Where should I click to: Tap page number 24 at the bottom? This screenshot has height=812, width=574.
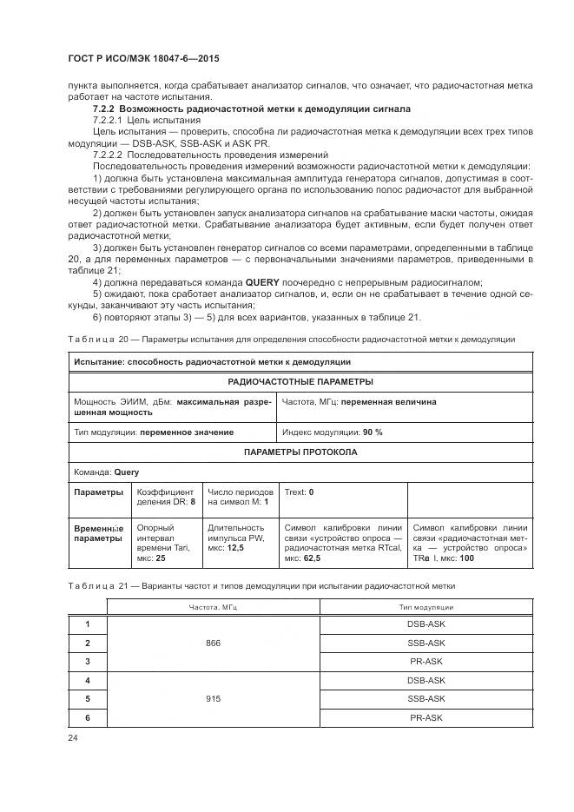click(x=72, y=737)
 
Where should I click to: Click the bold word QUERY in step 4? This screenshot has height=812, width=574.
click(x=263, y=283)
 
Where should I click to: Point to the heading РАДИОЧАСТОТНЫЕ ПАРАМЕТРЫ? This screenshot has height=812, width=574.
click(x=300, y=381)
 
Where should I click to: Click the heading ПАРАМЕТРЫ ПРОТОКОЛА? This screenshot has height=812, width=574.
click(x=300, y=452)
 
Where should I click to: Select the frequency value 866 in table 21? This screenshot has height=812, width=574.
click(x=214, y=643)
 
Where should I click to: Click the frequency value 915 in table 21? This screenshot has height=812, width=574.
click(x=214, y=698)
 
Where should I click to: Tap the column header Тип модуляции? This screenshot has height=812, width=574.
click(x=426, y=607)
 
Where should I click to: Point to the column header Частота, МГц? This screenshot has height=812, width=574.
click(x=214, y=607)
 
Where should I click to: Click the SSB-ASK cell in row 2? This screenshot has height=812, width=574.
click(x=426, y=643)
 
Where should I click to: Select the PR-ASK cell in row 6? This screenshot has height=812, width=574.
click(x=426, y=717)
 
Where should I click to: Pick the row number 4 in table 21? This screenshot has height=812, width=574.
click(x=87, y=680)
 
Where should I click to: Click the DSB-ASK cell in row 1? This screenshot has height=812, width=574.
click(x=426, y=624)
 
